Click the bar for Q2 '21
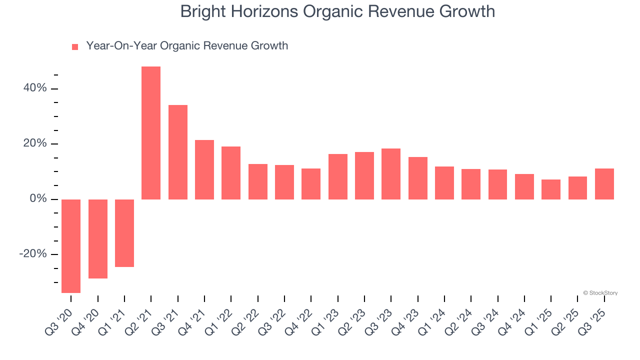tap(151, 133)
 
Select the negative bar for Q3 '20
tap(71, 246)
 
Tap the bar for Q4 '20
tap(98, 239)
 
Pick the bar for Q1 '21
tap(124, 233)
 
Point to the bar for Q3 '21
tap(178, 152)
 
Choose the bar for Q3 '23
tap(391, 174)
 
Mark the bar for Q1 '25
tap(551, 189)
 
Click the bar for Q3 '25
tap(604, 184)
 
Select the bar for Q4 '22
tap(311, 184)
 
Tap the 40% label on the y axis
tap(34, 88)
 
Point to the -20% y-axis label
tap(33, 254)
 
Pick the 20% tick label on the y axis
tap(34, 144)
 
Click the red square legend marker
tap(75, 47)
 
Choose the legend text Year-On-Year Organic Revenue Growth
tap(187, 46)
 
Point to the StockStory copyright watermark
tap(600, 293)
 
